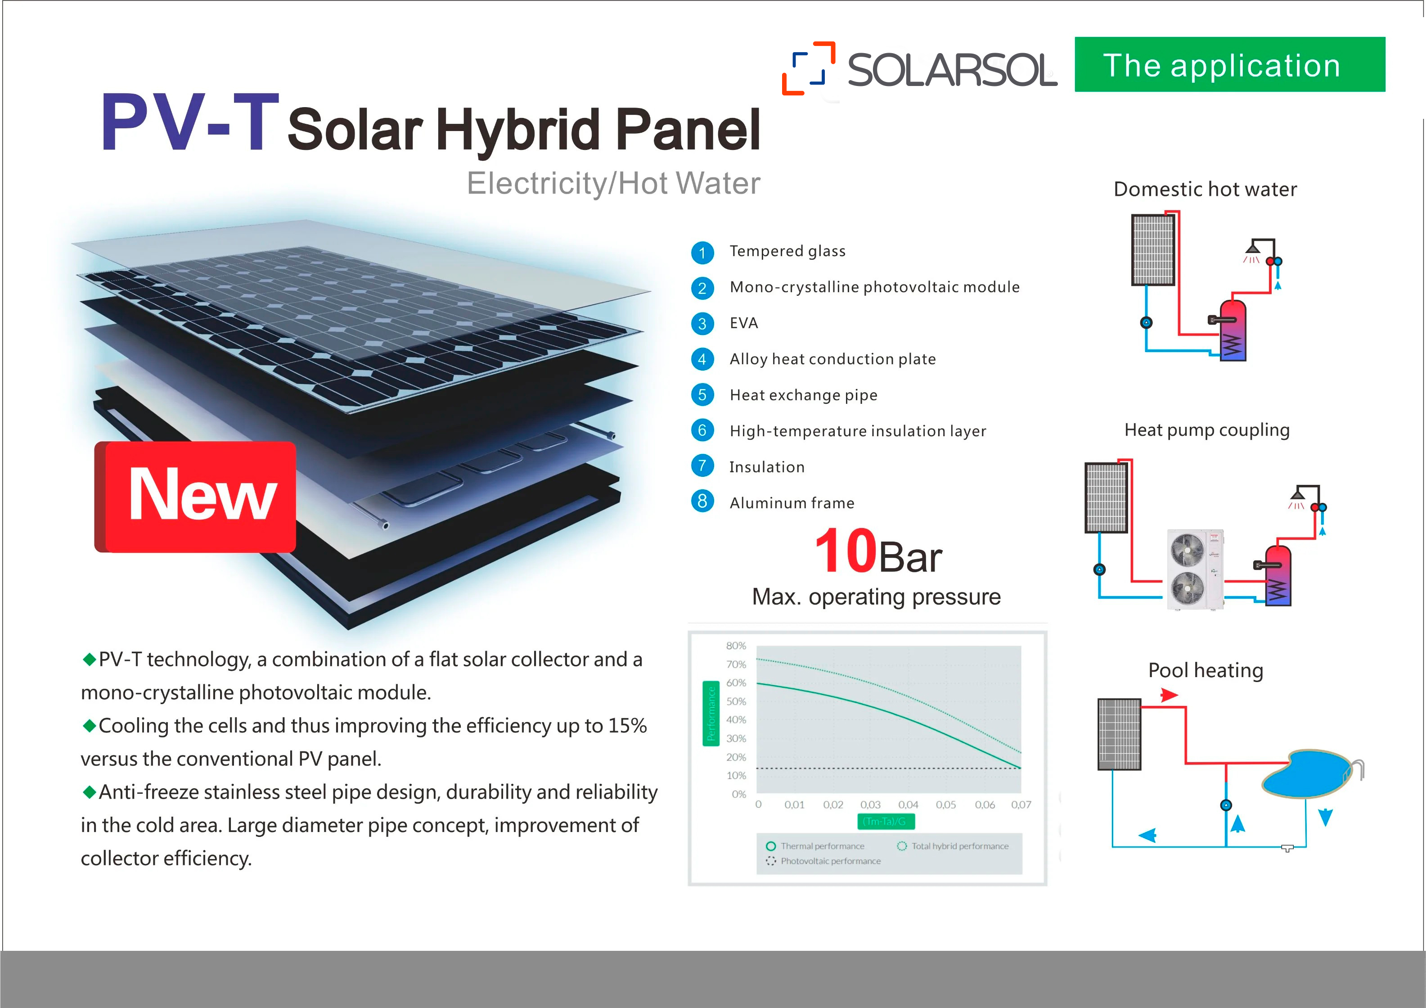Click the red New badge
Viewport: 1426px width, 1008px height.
[x=195, y=497]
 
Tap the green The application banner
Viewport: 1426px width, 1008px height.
[x=1230, y=65]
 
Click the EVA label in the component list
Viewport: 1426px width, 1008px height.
[x=743, y=323]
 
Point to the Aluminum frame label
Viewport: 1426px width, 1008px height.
[x=792, y=503]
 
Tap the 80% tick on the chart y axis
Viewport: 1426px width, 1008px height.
[x=736, y=646]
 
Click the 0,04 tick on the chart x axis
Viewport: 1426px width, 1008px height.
[x=908, y=805]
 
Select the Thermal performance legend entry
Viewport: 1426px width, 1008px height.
[x=815, y=846]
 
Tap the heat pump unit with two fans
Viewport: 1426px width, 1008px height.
[x=1195, y=569]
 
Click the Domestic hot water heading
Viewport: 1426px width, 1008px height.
[x=1205, y=189]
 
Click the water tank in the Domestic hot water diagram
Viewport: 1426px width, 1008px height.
[x=1233, y=330]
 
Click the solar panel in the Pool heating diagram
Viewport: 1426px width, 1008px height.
[x=1119, y=734]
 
